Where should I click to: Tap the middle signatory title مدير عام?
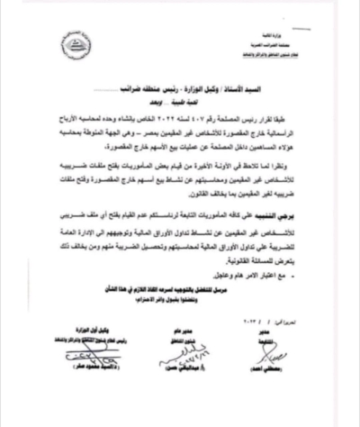click(x=202, y=347)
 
